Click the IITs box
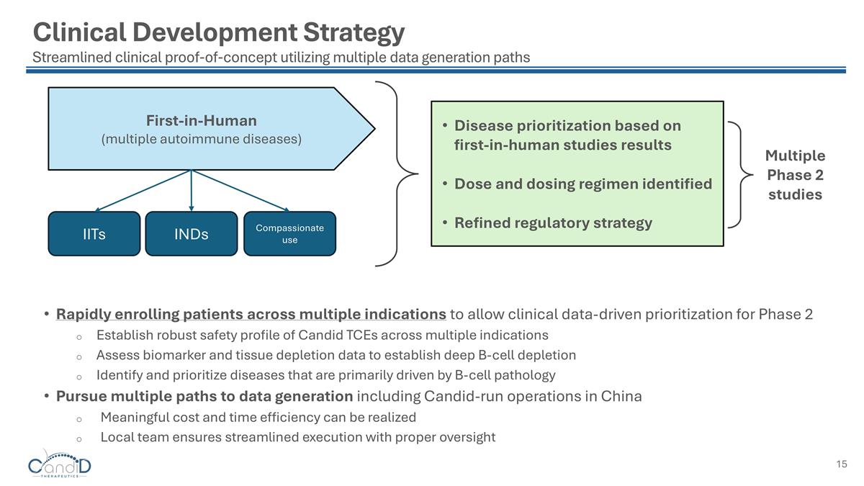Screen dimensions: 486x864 (x=94, y=233)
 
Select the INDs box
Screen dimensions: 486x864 (x=191, y=233)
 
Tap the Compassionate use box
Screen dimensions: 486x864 (x=289, y=233)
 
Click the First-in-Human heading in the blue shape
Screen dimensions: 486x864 (x=201, y=120)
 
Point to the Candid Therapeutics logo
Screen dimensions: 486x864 (x=60, y=464)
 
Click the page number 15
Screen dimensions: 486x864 (x=842, y=464)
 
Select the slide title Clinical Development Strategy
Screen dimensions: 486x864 (x=219, y=32)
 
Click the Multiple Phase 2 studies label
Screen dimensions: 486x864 (x=795, y=175)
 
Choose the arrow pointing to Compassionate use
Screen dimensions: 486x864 (x=240, y=191)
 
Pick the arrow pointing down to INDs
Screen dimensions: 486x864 (x=191, y=191)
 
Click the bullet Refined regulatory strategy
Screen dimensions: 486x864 (x=553, y=222)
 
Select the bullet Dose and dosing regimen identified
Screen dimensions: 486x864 (x=582, y=184)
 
